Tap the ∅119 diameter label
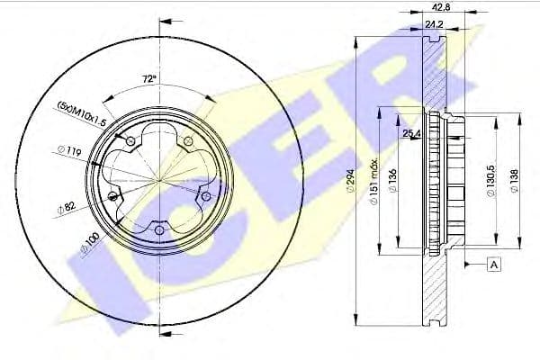point(67,152)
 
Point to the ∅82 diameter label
point(66,207)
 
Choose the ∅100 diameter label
point(88,243)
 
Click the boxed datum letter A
point(494,264)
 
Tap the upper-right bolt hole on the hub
point(188,142)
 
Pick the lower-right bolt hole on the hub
point(205,195)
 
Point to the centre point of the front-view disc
point(159,180)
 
